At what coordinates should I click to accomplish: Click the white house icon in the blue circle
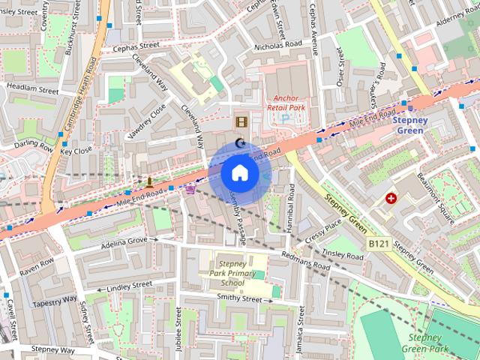240,172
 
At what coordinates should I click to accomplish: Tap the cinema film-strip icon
241,121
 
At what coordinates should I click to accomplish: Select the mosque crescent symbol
240,143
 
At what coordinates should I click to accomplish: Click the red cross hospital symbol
391,198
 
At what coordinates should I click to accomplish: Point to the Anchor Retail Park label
286,102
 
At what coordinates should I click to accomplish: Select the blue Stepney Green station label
410,124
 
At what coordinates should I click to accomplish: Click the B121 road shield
379,244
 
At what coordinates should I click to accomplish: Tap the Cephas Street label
136,45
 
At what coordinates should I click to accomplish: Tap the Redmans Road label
304,261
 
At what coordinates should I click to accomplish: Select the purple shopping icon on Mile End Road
190,190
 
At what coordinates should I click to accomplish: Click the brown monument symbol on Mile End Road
150,181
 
